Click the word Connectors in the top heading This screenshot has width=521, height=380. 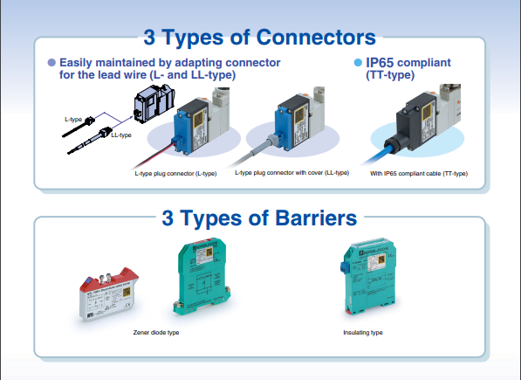(316, 37)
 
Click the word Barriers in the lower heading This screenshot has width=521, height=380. (316, 218)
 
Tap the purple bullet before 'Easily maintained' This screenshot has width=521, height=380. (51, 63)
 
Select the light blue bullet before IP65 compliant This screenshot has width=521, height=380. (358, 63)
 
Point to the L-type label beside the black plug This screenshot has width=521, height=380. (73, 119)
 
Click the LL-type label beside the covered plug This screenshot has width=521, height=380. (121, 135)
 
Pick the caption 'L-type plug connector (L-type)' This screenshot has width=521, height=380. (175, 174)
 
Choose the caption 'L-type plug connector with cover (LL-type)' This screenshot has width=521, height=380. (292, 173)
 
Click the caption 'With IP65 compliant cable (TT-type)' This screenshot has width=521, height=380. (419, 174)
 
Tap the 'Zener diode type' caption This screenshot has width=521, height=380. (156, 333)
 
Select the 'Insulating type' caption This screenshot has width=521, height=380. (363, 333)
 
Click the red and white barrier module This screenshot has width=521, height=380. (109, 294)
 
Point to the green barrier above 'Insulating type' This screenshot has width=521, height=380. (369, 276)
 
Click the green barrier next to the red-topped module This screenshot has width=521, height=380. (202, 277)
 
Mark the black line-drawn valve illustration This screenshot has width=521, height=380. (154, 103)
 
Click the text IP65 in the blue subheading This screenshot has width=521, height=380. (380, 63)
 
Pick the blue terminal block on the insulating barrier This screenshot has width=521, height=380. (345, 267)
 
